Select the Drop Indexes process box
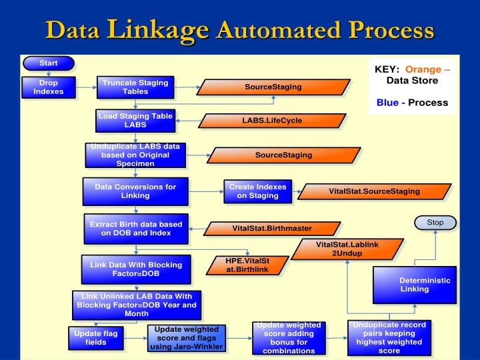(48, 87)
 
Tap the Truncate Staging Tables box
(135, 87)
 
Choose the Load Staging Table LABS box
(135, 120)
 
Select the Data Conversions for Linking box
(135, 191)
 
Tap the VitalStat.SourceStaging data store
(373, 191)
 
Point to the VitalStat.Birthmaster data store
(272, 229)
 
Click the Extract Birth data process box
(135, 227)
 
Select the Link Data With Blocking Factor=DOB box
(135, 269)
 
